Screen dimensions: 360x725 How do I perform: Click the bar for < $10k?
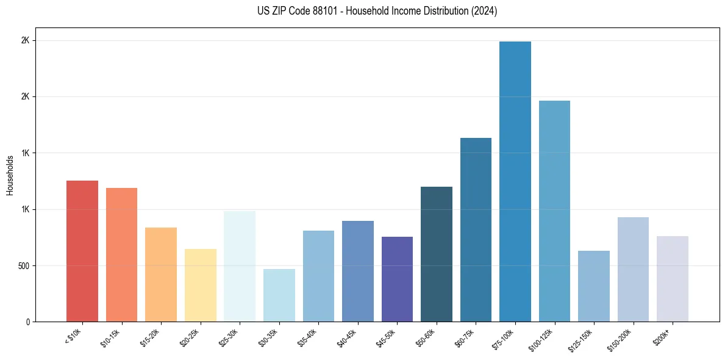point(82,251)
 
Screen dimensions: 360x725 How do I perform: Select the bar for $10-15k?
point(121,254)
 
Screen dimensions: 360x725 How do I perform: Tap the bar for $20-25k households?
point(200,285)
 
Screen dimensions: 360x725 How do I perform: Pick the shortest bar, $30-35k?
point(279,295)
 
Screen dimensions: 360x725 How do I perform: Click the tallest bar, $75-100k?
point(515,181)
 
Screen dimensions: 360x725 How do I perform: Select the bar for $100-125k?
point(554,211)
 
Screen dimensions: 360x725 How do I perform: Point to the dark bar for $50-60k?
point(436,254)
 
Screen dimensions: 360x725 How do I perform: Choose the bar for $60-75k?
point(476,229)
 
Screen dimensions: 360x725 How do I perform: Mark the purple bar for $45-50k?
point(397,279)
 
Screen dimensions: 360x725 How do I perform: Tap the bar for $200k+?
point(672,279)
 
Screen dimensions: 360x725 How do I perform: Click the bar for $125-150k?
point(593,286)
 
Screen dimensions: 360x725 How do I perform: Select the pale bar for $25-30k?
point(239,266)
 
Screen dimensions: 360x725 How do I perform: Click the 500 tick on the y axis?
point(25,266)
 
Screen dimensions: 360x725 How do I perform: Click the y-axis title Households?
point(10,175)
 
